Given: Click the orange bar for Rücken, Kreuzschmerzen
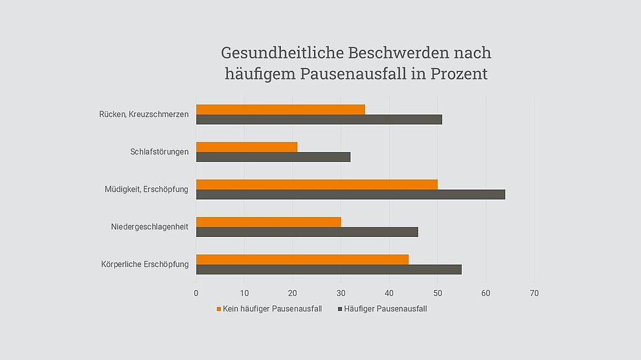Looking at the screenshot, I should [x=280, y=109].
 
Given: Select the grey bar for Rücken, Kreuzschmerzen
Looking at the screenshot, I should [x=319, y=120].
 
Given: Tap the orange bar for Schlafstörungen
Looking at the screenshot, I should [x=247, y=147].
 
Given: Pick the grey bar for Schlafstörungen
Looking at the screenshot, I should [x=273, y=157].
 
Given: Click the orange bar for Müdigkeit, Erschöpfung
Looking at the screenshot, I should [x=317, y=185].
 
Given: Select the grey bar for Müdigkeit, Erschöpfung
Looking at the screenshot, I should [x=350, y=195].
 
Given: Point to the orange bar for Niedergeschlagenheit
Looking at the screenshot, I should [x=268, y=222].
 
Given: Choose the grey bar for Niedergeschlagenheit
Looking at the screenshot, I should [x=307, y=232].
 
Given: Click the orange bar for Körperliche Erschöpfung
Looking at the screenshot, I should [x=302, y=260].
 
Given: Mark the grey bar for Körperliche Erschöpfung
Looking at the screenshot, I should [x=329, y=269].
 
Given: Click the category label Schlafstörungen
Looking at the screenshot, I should [x=159, y=152].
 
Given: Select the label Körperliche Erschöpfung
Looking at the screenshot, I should [x=145, y=264].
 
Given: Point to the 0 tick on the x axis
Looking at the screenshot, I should [x=196, y=293].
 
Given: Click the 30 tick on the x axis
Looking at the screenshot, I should [x=341, y=293].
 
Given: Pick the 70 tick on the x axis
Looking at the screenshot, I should [x=534, y=293].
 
